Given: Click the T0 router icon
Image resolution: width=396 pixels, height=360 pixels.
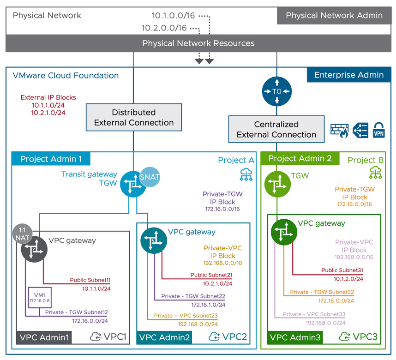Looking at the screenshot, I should tap(276, 91).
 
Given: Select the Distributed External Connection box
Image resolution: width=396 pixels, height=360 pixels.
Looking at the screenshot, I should tap(134, 118).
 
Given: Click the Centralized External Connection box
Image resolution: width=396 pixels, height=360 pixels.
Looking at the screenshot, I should tap(276, 130).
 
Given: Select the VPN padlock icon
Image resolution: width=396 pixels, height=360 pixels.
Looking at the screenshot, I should tap(378, 131).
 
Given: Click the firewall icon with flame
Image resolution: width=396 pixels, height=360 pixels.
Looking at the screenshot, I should tap(339, 131).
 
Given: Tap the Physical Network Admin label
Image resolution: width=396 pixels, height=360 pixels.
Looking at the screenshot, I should tap(334, 15).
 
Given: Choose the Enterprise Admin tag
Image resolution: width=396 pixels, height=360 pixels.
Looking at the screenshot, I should tap(348, 75).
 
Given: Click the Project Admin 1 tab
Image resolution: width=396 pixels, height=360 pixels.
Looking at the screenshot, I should tap(51, 159).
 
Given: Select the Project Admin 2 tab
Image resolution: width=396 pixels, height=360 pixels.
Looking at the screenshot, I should tap(300, 158).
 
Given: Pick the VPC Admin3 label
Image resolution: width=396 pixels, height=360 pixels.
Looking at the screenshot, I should tap(295, 337).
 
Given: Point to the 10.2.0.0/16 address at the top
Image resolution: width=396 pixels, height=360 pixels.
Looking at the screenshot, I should tap(164, 28).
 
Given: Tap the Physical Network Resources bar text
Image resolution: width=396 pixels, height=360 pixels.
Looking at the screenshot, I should tap(198, 43).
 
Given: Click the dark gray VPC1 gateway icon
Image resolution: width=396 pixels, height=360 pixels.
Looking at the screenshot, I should tap(34, 249).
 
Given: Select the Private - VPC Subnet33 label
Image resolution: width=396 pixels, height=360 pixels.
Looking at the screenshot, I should tap(314, 314).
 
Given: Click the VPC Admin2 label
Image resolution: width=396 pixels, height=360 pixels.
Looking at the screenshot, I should tap(165, 337).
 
